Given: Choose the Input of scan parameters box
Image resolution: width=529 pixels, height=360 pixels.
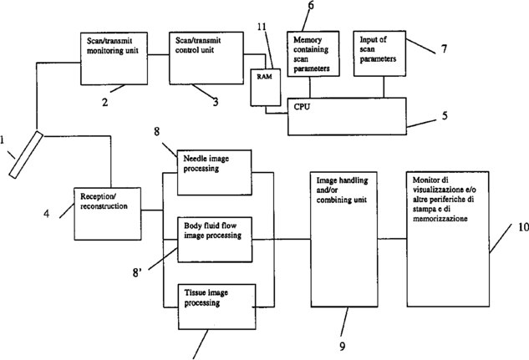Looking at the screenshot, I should pyautogui.click(x=381, y=51).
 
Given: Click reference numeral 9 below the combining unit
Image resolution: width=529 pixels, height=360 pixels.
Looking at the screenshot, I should pyautogui.click(x=341, y=344).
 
